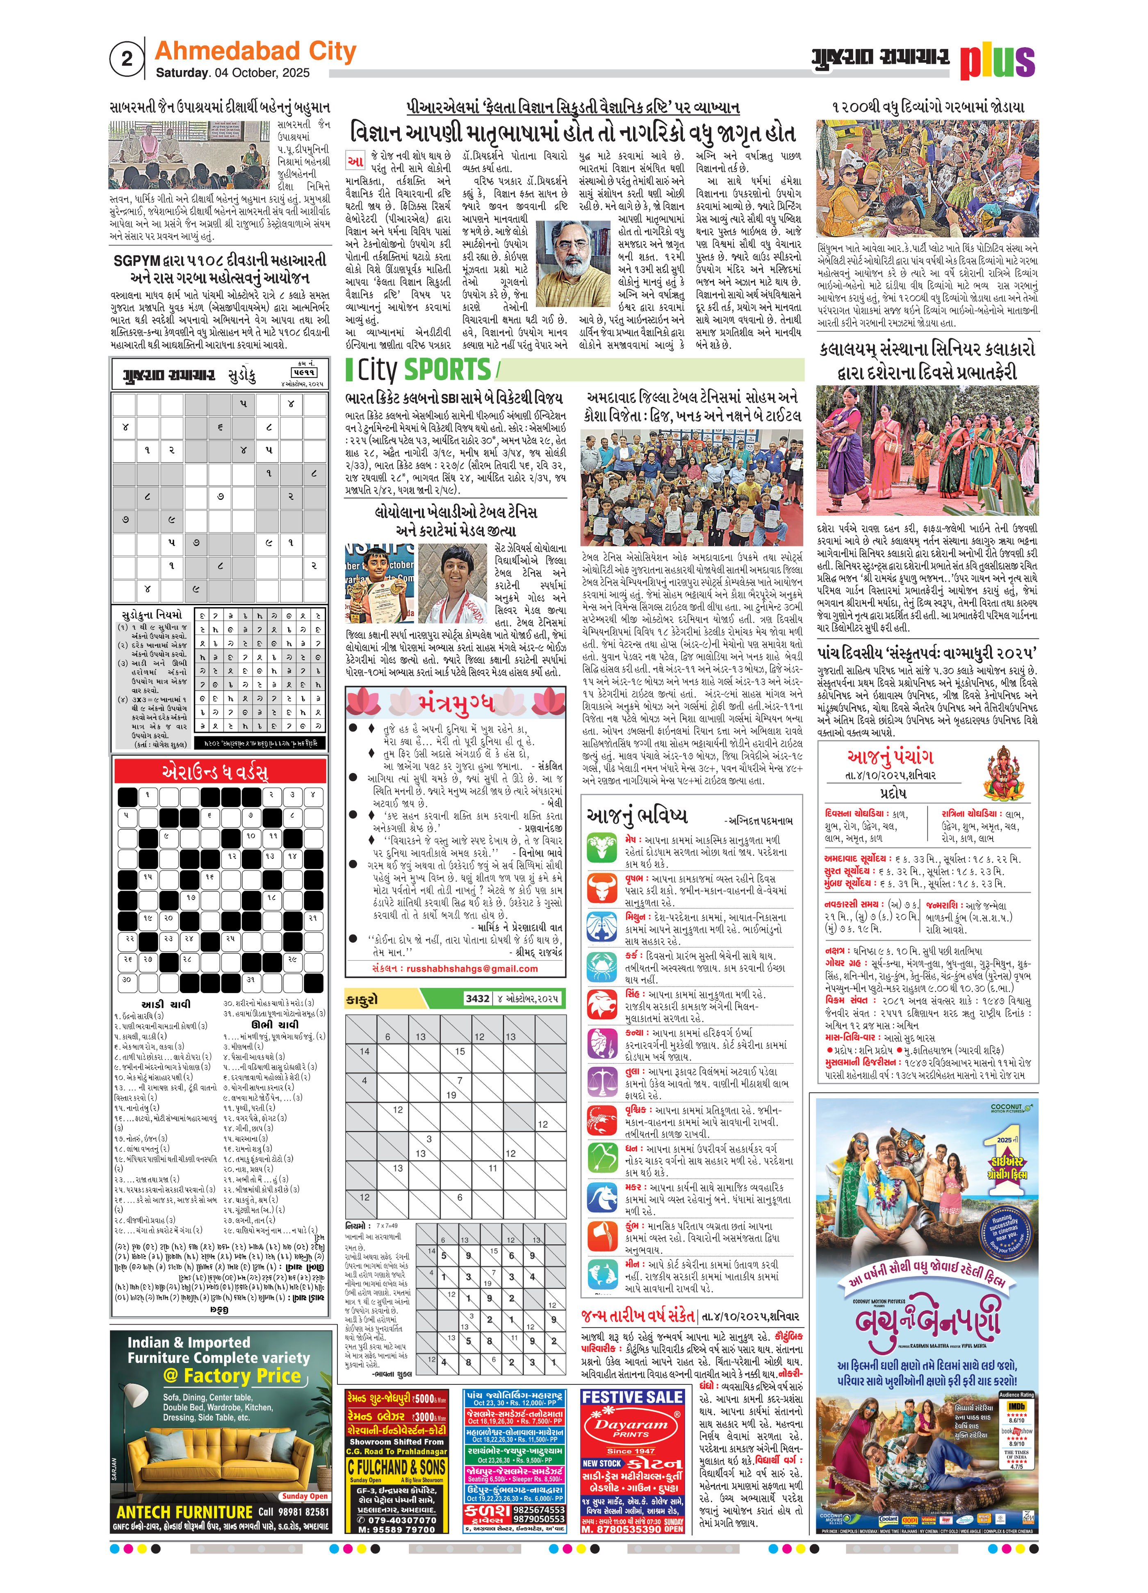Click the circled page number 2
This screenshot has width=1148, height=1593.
click(126, 59)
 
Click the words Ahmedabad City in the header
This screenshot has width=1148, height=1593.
click(255, 51)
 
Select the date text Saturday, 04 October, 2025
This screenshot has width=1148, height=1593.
click(232, 73)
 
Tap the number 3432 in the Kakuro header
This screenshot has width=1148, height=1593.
click(478, 998)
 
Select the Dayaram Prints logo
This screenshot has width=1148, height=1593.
click(631, 1427)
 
